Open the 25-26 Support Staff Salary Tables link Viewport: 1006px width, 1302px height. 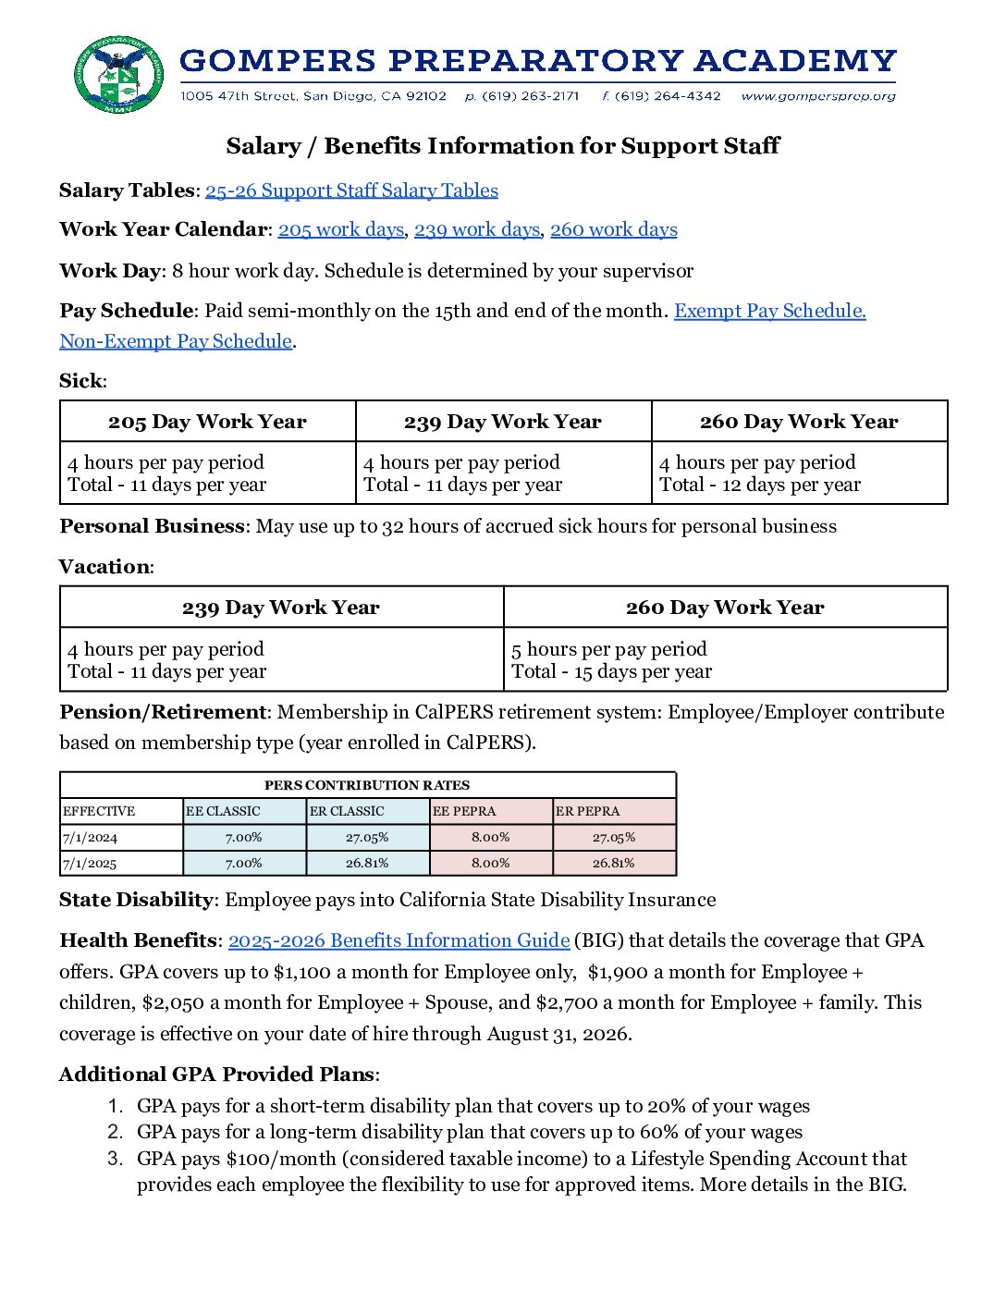[351, 190]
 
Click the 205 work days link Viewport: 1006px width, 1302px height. [340, 229]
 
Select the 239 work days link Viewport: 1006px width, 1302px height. [476, 229]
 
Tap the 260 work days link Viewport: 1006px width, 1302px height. [613, 229]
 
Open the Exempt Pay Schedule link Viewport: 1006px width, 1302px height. [769, 311]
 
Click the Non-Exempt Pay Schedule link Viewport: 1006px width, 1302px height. [176, 341]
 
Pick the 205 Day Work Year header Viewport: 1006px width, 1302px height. [207, 422]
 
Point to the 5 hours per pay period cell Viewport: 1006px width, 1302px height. [609, 649]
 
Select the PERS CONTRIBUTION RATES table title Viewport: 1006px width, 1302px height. [367, 785]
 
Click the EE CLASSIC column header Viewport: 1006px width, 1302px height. [223, 811]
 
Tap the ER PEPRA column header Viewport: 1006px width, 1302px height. [588, 811]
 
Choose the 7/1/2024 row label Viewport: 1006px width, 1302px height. [90, 838]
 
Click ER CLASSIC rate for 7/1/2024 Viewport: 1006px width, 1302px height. [367, 837]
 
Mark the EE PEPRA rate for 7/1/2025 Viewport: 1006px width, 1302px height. [490, 863]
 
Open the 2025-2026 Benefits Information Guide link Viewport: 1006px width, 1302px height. [399, 940]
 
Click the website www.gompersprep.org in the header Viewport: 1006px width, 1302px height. [818, 96]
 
